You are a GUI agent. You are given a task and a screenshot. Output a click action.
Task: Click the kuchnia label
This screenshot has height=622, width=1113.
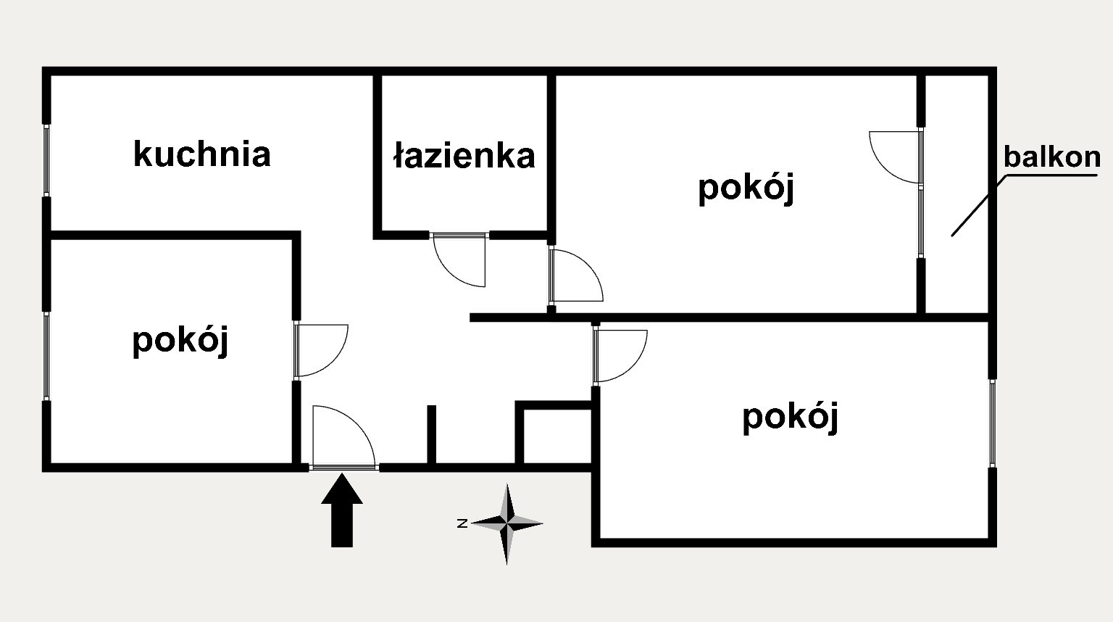(x=201, y=154)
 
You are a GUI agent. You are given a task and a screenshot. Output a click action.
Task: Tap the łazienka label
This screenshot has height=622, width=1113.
(x=464, y=156)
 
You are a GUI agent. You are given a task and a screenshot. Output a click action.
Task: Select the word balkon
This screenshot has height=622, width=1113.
(x=1052, y=157)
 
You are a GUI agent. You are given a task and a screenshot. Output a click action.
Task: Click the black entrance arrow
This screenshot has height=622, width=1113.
(x=342, y=510)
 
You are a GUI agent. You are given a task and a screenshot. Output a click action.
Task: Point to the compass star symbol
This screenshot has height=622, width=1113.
(x=507, y=523)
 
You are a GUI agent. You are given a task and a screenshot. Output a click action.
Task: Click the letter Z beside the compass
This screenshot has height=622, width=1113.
(x=462, y=523)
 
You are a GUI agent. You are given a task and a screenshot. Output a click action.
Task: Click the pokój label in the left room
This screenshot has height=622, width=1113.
(x=180, y=341)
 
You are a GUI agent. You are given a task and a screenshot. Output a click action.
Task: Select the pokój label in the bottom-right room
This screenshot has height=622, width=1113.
(x=791, y=418)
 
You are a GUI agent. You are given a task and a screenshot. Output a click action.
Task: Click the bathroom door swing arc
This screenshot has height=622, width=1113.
(x=450, y=271)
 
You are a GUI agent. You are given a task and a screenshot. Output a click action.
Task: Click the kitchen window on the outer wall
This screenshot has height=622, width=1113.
(x=46, y=160)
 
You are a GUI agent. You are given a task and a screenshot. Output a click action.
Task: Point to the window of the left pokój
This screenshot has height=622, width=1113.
(x=46, y=355)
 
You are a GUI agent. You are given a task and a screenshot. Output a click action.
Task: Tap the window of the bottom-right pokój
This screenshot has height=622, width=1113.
(x=993, y=423)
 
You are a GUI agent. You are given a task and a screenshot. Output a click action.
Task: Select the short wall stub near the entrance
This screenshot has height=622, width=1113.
(x=432, y=435)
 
